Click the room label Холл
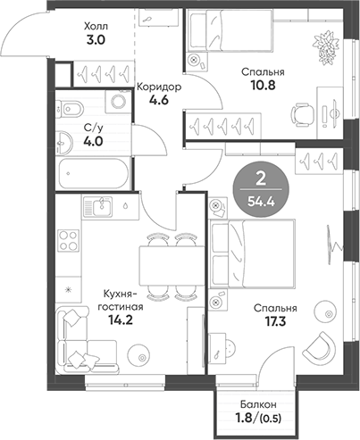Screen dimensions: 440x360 pyautogui.click(x=94, y=27)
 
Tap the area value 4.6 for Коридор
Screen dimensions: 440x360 pyautogui.click(x=160, y=102)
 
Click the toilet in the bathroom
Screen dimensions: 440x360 pyautogui.click(x=72, y=111)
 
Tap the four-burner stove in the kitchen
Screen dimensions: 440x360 pyautogui.click(x=68, y=239)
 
